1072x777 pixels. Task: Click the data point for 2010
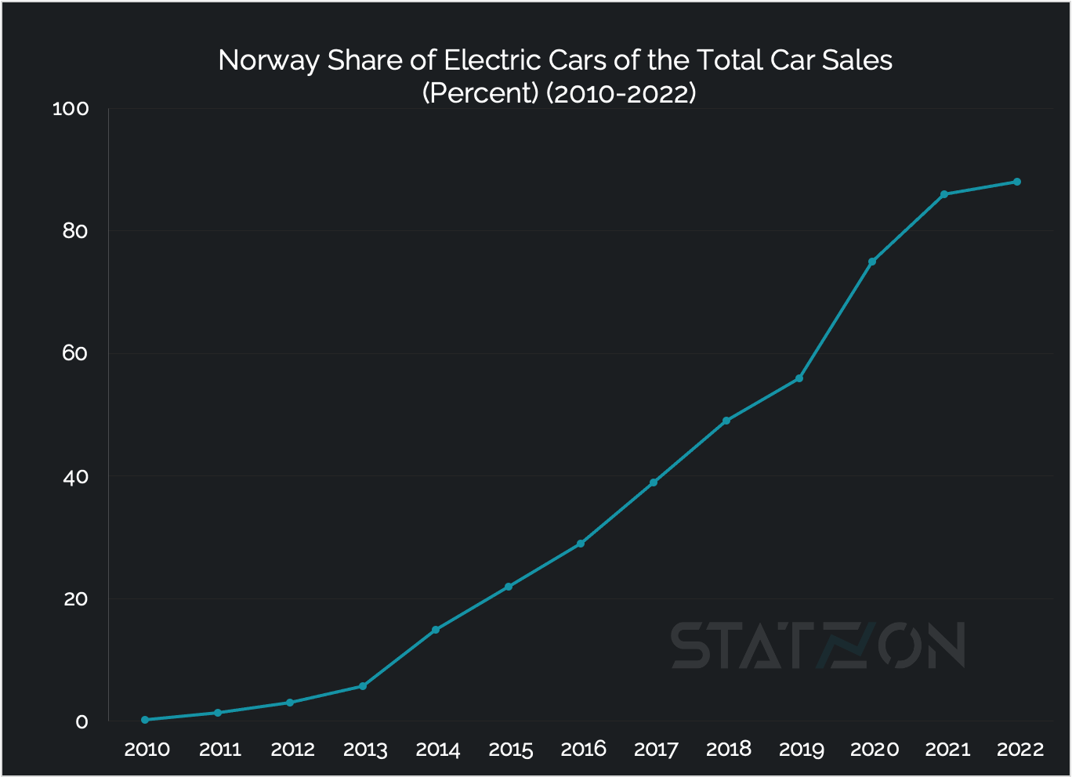(145, 720)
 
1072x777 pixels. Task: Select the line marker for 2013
(363, 686)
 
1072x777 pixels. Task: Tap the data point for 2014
(436, 630)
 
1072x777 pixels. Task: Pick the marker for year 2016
(581, 544)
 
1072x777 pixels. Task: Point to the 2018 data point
(726, 421)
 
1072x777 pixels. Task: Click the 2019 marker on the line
(799, 378)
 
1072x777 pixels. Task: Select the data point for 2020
(872, 262)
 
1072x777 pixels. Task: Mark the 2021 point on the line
(944, 194)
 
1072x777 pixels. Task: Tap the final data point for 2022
(1017, 182)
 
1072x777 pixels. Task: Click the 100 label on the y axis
(71, 109)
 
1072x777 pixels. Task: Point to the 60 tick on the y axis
(75, 354)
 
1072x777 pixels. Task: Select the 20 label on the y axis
(75, 599)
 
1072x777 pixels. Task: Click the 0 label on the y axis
(81, 721)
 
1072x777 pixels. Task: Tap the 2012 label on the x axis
(292, 750)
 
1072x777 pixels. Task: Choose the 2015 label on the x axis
(511, 750)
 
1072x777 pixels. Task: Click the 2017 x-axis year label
(656, 750)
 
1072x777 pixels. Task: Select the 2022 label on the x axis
(1020, 750)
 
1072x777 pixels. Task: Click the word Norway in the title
(269, 61)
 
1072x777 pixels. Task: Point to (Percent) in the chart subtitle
(480, 93)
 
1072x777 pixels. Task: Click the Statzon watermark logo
(817, 645)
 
